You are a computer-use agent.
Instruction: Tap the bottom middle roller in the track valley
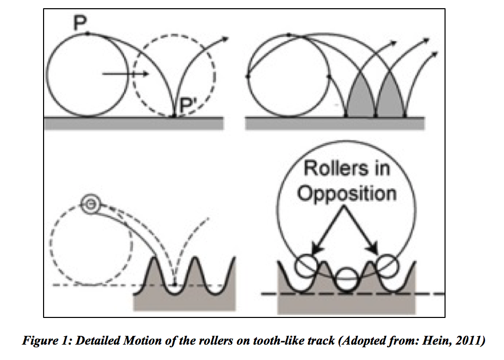pyautogui.click(x=347, y=279)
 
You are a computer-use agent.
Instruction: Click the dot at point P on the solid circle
pyautogui.click(x=88, y=34)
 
